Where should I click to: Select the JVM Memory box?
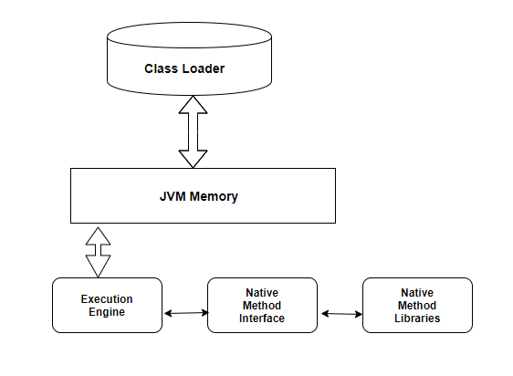[x=203, y=195]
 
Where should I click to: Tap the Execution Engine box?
[x=107, y=305]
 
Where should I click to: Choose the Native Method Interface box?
[x=262, y=305]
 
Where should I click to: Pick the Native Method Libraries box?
[x=417, y=305]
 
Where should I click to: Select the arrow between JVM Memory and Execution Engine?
[x=97, y=251]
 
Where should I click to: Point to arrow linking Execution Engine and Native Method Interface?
[x=184, y=313]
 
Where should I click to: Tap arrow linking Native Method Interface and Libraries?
[x=340, y=313]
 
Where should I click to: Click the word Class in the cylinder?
[x=162, y=68]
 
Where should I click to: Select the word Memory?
[x=216, y=195]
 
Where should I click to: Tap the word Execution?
[x=107, y=299]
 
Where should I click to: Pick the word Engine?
[x=107, y=312]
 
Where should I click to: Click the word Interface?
[x=262, y=319]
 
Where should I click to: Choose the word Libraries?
[x=417, y=319]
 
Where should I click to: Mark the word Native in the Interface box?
[x=262, y=292]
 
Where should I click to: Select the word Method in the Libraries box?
[x=417, y=305]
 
